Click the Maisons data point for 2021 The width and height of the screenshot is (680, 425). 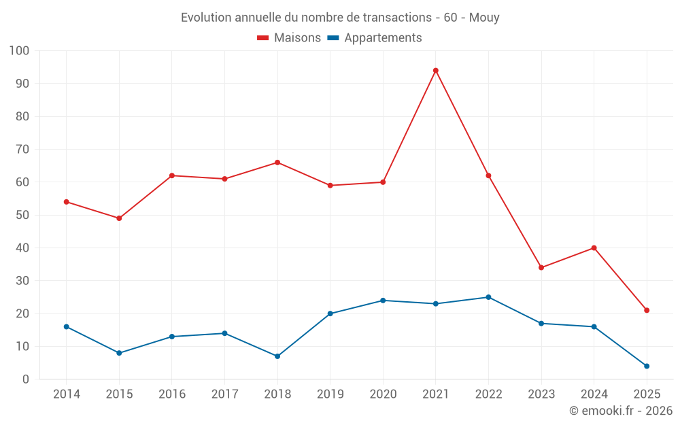(436, 71)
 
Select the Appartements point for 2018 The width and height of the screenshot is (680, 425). (277, 356)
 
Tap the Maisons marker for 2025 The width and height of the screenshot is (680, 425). (647, 310)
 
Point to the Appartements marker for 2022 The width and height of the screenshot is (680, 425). (488, 297)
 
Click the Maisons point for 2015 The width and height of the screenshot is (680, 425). (119, 218)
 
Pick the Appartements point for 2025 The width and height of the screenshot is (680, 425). (647, 366)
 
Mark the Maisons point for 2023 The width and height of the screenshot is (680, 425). (541, 267)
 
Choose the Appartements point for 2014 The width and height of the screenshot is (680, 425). (67, 326)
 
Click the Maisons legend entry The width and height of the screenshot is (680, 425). (289, 38)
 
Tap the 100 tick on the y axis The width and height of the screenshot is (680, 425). (20, 51)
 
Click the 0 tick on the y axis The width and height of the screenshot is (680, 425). (26, 379)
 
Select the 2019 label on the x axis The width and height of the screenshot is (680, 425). (330, 394)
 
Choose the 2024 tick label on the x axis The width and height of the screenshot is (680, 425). (594, 394)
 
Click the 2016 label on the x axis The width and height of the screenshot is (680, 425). (171, 394)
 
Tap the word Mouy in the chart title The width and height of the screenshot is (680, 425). (484, 18)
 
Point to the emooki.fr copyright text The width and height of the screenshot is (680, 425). (620, 411)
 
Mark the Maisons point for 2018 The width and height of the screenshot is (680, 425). (277, 163)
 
